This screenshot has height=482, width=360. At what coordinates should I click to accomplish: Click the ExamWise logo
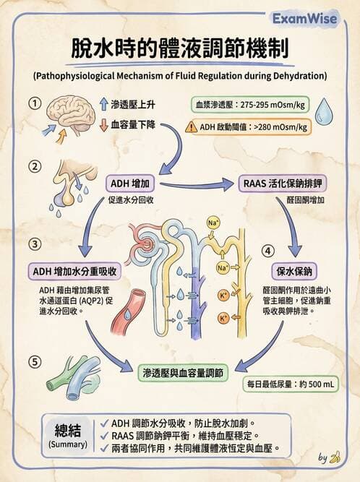314,19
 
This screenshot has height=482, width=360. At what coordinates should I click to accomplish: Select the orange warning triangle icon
191,127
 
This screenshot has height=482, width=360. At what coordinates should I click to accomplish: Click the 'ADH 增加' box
132,184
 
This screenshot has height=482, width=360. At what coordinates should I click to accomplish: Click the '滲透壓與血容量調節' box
183,371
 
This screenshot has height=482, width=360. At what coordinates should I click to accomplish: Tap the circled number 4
267,250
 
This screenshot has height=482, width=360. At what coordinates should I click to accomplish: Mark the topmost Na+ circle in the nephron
213,223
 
